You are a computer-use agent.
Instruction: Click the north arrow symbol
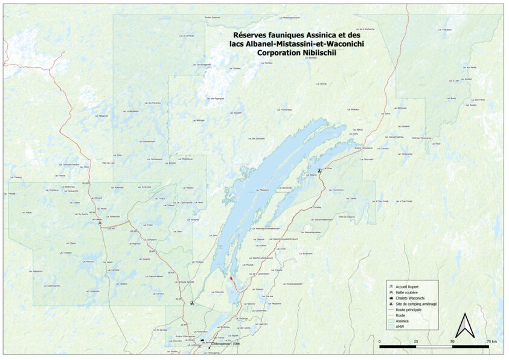pos(464,326)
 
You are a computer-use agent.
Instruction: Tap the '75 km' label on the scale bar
pos(491,341)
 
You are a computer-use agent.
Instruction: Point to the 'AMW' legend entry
pos(399,327)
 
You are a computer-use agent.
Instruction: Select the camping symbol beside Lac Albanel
pos(319,172)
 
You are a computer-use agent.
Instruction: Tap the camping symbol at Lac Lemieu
pos(100,223)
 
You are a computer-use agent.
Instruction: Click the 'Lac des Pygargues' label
pos(216,98)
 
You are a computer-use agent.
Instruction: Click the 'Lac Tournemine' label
pos(335,190)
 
